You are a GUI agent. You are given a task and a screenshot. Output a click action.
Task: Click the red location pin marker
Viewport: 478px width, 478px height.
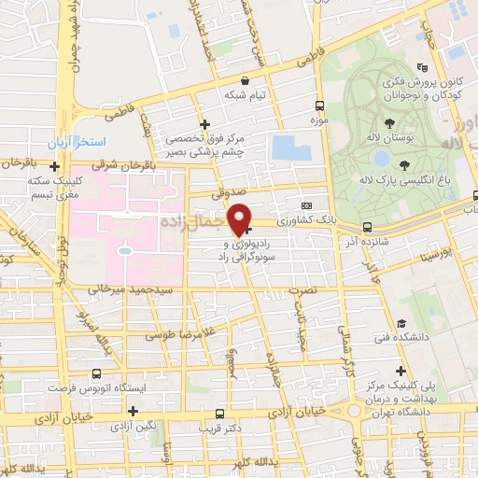coord(241,219)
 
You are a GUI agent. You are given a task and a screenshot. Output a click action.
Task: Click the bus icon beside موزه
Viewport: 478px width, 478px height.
coord(319,105)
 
